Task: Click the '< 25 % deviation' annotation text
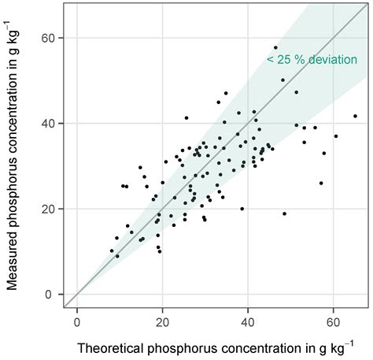310,59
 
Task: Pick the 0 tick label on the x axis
77,321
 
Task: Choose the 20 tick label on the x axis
163,321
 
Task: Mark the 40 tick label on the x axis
249,321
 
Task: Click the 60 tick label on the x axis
334,321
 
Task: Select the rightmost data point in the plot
355,116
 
